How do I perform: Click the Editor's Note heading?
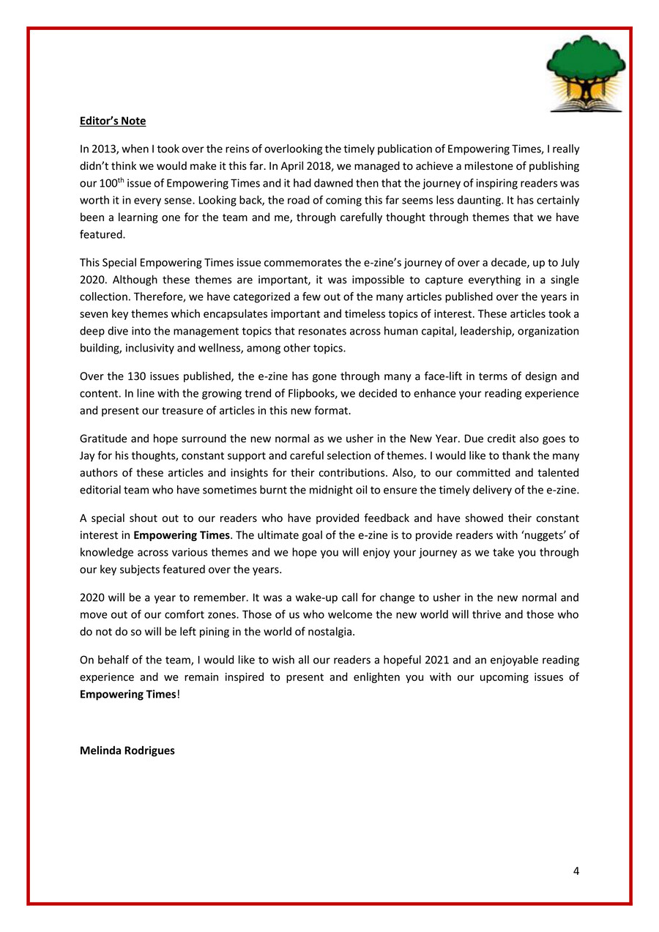(x=113, y=121)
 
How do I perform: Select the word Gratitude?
(x=104, y=439)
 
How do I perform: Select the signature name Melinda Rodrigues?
(x=127, y=750)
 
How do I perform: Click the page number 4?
(x=576, y=871)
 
